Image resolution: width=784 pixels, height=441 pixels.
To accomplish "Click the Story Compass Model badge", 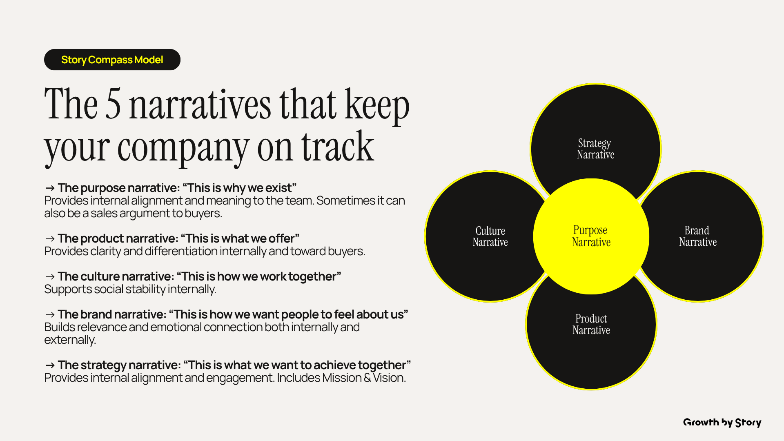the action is pos(112,60).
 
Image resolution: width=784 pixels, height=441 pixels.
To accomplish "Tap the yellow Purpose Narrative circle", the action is pos(591,236).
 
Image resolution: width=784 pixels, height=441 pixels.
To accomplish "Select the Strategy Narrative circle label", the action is pos(595,149).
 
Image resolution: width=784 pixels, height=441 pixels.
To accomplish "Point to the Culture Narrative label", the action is pos(490,236).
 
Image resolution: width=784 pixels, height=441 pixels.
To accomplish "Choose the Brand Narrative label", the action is pos(698,236).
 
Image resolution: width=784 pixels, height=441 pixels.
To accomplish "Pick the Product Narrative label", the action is pos(591,324).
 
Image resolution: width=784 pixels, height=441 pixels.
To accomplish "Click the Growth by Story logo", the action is pos(722,423).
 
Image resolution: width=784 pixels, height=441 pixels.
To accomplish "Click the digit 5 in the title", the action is pos(113,104).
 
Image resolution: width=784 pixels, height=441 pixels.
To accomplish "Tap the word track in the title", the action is pos(338,147).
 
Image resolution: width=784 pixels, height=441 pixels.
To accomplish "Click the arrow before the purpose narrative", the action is pos(50,188).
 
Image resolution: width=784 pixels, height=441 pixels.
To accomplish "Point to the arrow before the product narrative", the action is pos(50,238).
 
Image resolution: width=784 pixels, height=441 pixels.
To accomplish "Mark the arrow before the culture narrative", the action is pos(50,276).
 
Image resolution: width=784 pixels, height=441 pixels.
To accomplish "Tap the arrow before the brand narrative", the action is pos(50,314).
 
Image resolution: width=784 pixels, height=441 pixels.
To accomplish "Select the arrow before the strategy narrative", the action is pos(50,365).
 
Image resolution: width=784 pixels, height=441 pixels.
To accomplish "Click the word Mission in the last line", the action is pos(342,378).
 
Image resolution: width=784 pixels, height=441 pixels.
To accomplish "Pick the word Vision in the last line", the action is pos(389,378).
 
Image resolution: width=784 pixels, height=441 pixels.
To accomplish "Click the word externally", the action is pos(70,340).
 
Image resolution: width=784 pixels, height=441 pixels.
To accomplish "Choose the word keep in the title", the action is pos(377,105).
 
